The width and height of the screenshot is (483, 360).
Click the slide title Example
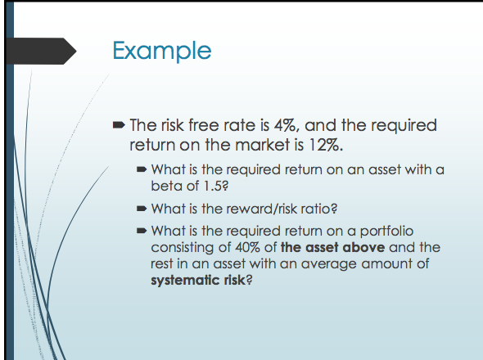(x=162, y=50)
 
